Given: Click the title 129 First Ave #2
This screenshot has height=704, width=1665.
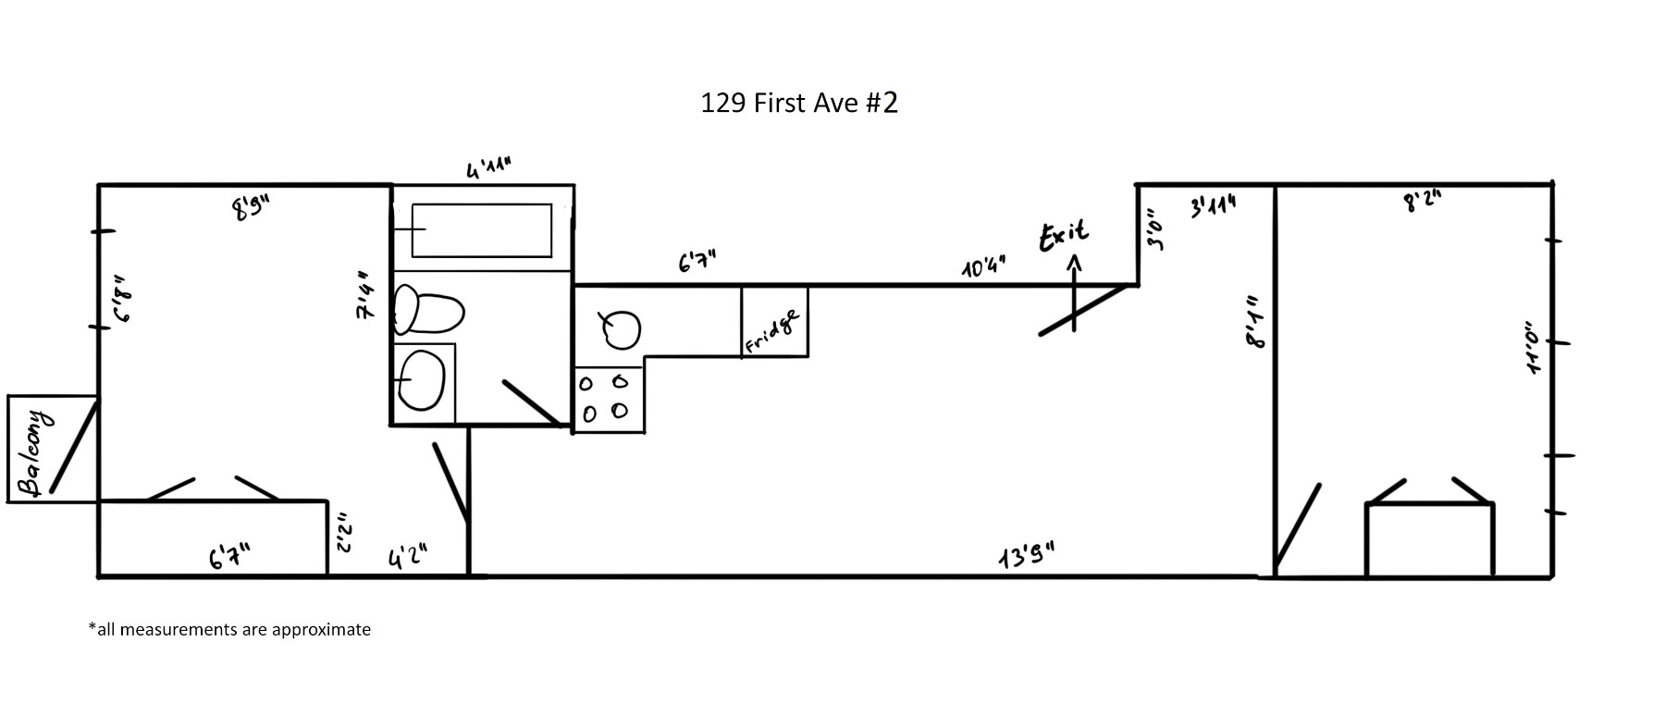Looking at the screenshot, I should [x=799, y=102].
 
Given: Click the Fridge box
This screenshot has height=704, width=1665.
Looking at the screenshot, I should [x=774, y=322].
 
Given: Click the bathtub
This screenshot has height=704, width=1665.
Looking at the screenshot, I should [x=481, y=230].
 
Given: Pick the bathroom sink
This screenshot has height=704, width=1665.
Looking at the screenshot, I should [x=423, y=380].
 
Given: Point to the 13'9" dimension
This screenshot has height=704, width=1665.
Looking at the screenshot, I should [x=1027, y=558].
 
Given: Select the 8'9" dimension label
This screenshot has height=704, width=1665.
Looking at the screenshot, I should [x=250, y=210].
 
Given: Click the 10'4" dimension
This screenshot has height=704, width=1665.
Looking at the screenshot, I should [x=982, y=268].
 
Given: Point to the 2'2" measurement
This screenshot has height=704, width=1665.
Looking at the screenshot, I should [x=342, y=533].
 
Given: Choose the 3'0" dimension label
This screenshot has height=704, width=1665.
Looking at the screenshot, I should [x=1156, y=228].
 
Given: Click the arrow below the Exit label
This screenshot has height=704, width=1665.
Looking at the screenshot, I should [x=1074, y=291].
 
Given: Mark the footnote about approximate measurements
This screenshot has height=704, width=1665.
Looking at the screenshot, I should [x=229, y=629].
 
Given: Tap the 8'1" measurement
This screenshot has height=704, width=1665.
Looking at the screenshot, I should [x=1254, y=322].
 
